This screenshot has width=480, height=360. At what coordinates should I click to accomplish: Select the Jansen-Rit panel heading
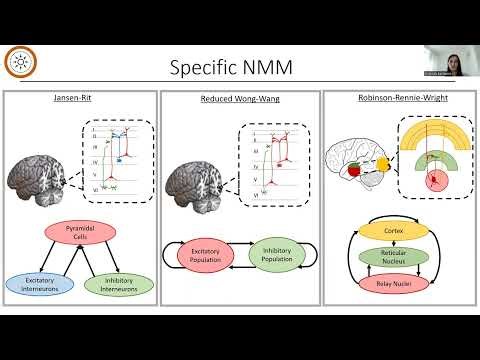[x=79, y=100]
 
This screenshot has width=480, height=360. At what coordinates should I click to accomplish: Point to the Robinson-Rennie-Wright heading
[x=399, y=100]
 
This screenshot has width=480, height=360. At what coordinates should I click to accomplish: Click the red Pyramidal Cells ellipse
[x=79, y=235]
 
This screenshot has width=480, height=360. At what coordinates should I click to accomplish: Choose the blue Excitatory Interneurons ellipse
[x=40, y=284]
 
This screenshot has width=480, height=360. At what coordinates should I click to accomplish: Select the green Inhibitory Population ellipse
[x=275, y=255]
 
